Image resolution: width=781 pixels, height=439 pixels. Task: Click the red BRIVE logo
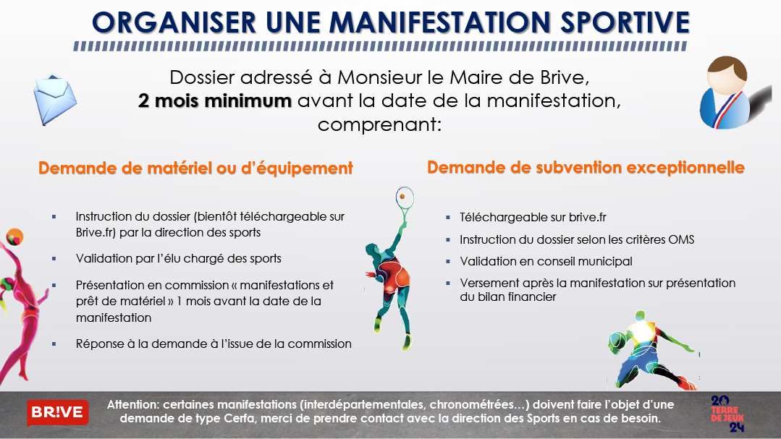pyautogui.click(x=58, y=413)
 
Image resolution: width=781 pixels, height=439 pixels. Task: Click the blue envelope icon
pyautogui.click(x=55, y=99)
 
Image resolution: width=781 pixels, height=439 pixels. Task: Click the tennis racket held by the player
pyautogui.click(x=405, y=202)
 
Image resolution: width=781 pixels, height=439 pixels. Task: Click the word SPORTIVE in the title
pyautogui.click(x=625, y=22)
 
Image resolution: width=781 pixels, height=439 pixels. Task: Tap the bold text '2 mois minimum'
pyautogui.click(x=215, y=101)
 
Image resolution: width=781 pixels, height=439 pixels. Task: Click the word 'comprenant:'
pyautogui.click(x=379, y=124)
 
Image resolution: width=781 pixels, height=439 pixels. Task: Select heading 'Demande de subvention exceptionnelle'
pyautogui.click(x=586, y=168)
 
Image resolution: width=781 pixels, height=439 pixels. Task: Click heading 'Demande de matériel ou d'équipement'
pyautogui.click(x=195, y=169)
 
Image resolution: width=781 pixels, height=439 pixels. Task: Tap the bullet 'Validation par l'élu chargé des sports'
pyautogui.click(x=178, y=258)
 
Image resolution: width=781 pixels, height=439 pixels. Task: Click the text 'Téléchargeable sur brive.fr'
pyautogui.click(x=533, y=218)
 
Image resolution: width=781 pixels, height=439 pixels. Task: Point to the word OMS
pyautogui.click(x=681, y=239)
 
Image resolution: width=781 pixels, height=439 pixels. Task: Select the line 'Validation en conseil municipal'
pyautogui.click(x=546, y=261)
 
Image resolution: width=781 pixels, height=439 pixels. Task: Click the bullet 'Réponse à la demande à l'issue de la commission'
pyautogui.click(x=214, y=344)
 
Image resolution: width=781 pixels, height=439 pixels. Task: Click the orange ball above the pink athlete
pyautogui.click(x=15, y=236)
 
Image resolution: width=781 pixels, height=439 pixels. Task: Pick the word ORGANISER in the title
pyautogui.click(x=174, y=22)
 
